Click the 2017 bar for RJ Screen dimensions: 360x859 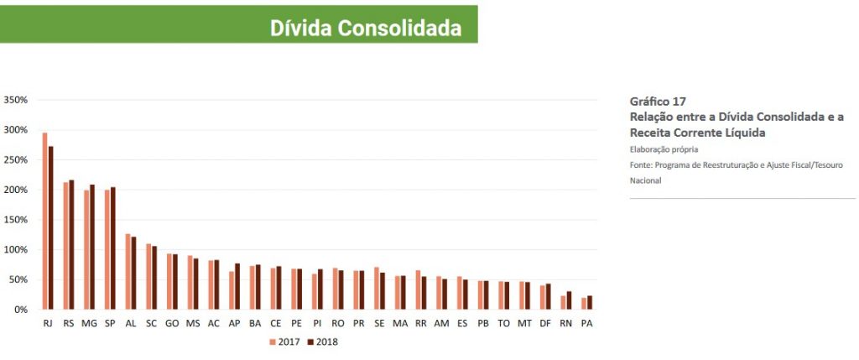click(x=44, y=221)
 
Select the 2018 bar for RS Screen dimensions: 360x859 click(x=71, y=245)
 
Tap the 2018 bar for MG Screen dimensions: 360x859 click(x=92, y=247)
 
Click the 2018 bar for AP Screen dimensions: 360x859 click(x=237, y=286)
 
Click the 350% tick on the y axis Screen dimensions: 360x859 click(x=17, y=100)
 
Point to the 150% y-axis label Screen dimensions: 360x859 click(x=17, y=220)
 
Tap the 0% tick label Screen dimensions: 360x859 click(x=22, y=310)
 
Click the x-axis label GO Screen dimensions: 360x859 click(x=172, y=323)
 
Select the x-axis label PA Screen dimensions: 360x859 click(x=586, y=323)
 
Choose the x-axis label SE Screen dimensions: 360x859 click(x=379, y=323)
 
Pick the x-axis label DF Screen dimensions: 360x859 click(x=544, y=323)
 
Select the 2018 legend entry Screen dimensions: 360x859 click(x=323, y=342)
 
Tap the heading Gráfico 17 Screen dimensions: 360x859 click(x=658, y=101)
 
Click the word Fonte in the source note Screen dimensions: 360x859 click(x=641, y=164)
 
